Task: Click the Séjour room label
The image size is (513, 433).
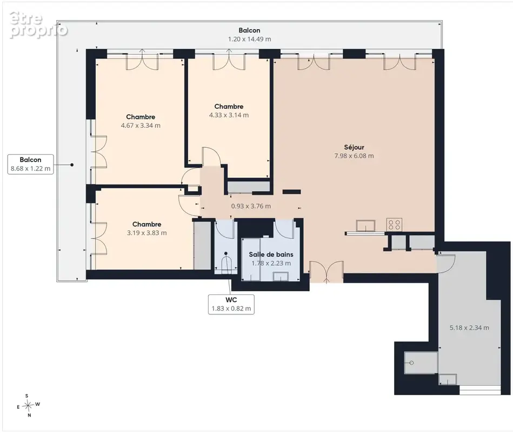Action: [354, 147]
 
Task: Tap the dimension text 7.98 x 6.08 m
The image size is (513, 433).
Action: [354, 156]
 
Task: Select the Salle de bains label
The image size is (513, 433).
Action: [271, 254]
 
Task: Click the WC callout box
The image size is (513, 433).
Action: [231, 304]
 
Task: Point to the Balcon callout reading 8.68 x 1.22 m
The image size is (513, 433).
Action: [30, 164]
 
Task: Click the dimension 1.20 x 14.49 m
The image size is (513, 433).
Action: [249, 39]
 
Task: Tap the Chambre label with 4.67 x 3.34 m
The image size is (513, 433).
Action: [141, 117]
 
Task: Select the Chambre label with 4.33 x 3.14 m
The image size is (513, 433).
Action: [229, 107]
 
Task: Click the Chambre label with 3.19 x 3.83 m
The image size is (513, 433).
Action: [146, 225]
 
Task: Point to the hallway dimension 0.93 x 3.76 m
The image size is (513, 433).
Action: [251, 206]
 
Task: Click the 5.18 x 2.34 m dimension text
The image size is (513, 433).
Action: [469, 327]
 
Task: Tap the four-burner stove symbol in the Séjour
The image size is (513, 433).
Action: [394, 225]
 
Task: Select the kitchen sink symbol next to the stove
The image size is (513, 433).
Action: [365, 226]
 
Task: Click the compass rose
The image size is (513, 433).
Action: [29, 405]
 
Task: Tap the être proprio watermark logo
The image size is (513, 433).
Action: [38, 25]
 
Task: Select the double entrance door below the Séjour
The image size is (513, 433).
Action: [326, 271]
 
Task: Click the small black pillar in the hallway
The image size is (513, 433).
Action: [291, 192]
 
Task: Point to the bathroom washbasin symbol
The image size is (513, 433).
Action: [281, 276]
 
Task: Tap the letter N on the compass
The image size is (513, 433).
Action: [29, 415]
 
